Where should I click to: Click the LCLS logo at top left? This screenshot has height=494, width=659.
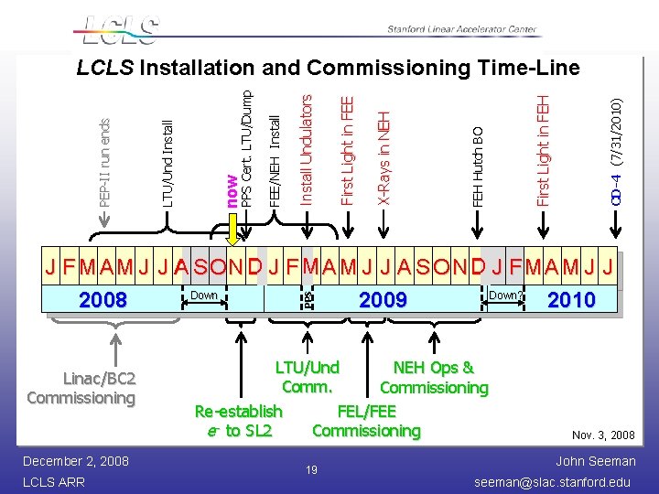[x=120, y=29]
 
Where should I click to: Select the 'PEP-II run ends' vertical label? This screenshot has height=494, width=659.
[x=105, y=162]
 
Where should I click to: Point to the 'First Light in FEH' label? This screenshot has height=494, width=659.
[x=543, y=148]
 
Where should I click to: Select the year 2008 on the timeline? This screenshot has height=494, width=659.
[x=103, y=299]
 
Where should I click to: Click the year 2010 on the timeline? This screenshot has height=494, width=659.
[x=570, y=299]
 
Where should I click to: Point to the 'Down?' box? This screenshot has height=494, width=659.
[x=504, y=295]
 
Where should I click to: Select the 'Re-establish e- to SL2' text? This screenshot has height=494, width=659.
[x=238, y=420]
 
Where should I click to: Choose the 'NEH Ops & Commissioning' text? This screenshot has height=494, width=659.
[x=434, y=378]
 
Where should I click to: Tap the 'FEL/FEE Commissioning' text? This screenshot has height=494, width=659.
[x=366, y=420]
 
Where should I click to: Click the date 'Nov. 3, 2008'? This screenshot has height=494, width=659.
[x=603, y=435]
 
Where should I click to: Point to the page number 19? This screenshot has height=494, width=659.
[x=311, y=469]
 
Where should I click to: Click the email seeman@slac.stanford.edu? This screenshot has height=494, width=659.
[x=552, y=481]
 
